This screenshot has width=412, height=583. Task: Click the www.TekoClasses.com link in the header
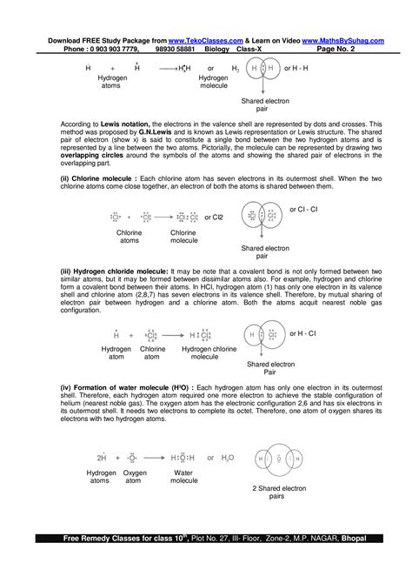click(206, 41)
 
